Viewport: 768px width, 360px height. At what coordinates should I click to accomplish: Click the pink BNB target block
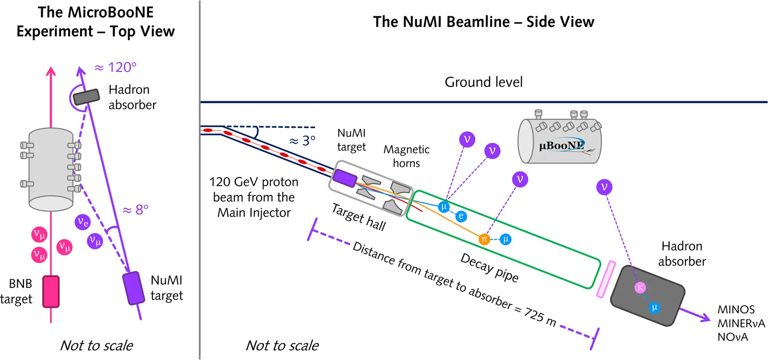coord(51,291)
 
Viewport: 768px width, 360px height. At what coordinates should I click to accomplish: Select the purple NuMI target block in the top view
coord(133,288)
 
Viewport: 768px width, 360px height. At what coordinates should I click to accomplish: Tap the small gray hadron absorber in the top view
coord(86,96)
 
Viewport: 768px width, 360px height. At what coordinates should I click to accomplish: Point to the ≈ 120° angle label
coord(116,67)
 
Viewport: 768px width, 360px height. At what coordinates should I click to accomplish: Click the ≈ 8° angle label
coord(136,210)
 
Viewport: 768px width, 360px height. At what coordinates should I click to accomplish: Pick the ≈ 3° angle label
coord(302,141)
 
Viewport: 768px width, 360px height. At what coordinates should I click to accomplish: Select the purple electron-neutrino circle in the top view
coord(83,222)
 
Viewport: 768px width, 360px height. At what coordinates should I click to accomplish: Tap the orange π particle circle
coord(484,239)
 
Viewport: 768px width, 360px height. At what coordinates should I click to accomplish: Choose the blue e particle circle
coord(461,216)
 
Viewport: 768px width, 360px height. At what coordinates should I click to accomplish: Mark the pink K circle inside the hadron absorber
coord(640,288)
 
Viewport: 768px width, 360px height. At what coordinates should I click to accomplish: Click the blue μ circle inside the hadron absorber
coord(654,308)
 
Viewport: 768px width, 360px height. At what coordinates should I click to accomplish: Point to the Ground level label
coord(483,82)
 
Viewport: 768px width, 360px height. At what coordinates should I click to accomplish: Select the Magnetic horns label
coord(406,156)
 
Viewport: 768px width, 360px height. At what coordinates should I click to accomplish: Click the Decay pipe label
coord(489,267)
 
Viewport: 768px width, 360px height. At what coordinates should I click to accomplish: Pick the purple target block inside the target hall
coord(345,178)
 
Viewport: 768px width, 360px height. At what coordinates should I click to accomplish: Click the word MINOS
coord(736,310)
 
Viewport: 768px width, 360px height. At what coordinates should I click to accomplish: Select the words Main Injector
coord(254,213)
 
